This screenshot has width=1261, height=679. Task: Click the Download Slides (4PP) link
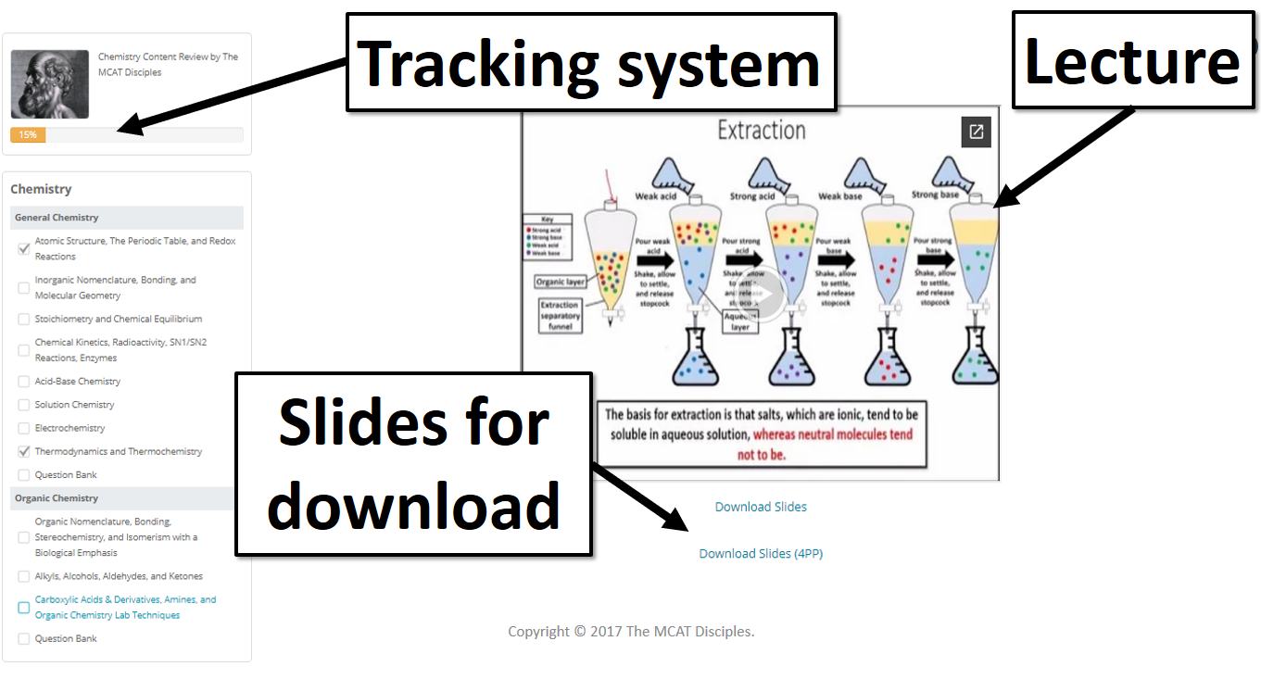[761, 554]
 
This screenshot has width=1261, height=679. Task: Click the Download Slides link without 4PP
[761, 507]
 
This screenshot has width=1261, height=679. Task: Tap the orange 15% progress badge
[28, 135]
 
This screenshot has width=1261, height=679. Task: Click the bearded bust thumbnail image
[50, 83]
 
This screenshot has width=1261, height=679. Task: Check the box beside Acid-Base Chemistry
[24, 382]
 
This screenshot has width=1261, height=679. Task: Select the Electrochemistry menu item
[69, 428]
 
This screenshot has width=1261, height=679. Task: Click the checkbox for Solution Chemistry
[24, 405]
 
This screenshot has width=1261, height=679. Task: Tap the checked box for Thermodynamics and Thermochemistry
[24, 452]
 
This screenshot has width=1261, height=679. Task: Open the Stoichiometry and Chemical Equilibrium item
[118, 319]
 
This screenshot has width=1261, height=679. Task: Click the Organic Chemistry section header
[57, 498]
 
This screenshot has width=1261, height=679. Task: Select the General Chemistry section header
[57, 218]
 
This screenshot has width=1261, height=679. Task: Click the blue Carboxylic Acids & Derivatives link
[125, 607]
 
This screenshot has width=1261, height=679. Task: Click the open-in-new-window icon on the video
[976, 132]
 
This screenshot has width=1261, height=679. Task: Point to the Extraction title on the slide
[762, 131]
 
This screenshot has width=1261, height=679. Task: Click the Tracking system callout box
[591, 62]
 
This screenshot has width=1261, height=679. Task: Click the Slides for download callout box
[413, 463]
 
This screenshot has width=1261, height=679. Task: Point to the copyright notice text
[631, 632]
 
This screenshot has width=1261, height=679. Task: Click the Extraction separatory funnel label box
[560, 316]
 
